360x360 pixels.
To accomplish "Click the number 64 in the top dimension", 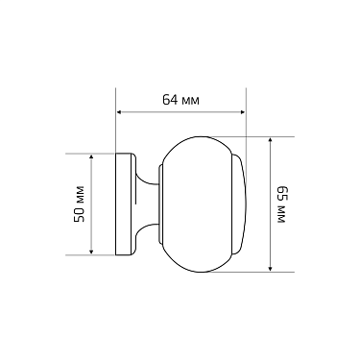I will (169, 100).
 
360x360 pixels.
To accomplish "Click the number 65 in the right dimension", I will (281, 192).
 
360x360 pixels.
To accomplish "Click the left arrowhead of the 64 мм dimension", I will (119, 111).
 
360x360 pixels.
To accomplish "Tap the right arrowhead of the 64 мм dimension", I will (242, 111).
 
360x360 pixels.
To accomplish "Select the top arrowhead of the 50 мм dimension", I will (90, 156).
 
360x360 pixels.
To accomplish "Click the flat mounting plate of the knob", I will (124, 204).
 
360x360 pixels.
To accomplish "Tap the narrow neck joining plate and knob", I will (146, 204).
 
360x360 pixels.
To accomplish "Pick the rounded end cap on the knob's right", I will (239, 204).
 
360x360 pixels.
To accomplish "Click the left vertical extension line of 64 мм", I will (115, 125).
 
